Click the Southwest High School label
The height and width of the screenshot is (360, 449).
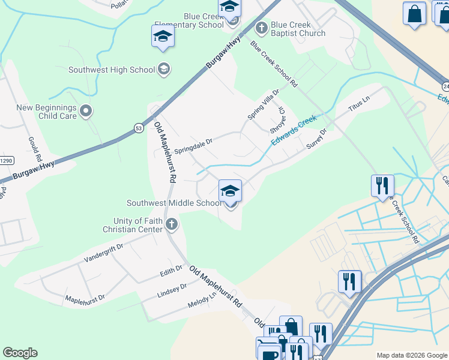(112, 70)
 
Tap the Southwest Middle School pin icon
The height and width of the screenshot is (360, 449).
(230, 192)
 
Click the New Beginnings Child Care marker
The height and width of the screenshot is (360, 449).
(86, 110)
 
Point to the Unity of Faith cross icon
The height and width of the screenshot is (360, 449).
(172, 224)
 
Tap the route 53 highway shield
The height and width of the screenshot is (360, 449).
(139, 128)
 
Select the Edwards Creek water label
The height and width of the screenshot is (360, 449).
(293, 130)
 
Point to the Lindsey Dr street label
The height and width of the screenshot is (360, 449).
(172, 289)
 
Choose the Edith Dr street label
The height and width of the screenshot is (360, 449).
(170, 271)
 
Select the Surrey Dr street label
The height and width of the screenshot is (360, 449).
(316, 139)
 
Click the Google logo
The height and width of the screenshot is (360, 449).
(20, 353)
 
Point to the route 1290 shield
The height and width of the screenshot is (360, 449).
(6, 160)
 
